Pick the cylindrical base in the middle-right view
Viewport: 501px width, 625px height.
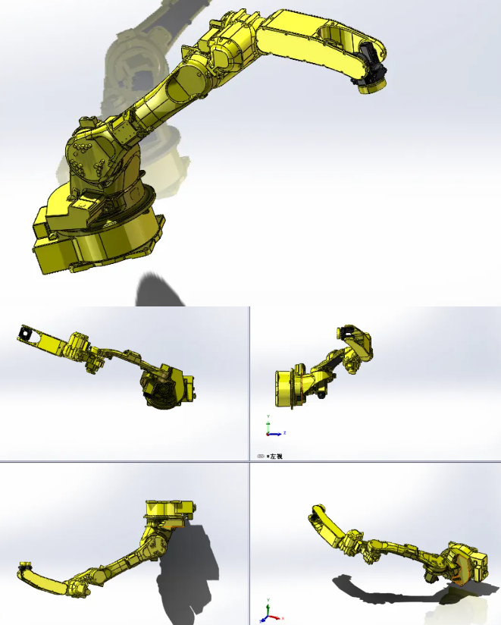tap(284, 387)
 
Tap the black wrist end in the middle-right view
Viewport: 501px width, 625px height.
tap(349, 331)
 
